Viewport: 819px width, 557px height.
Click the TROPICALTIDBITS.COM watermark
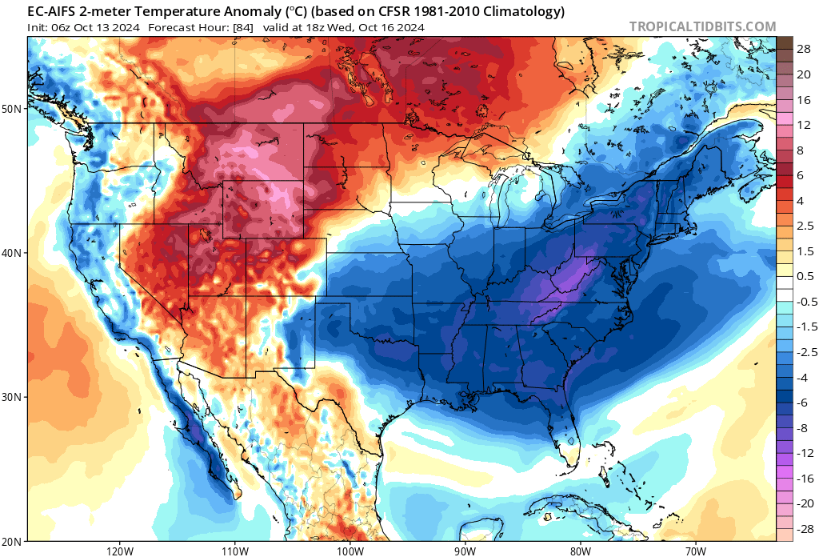click(x=702, y=26)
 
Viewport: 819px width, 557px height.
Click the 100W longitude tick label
click(x=350, y=551)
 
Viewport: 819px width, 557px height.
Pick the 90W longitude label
click(x=465, y=551)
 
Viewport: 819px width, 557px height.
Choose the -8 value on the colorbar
click(x=799, y=428)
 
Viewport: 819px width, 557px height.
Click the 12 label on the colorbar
click(x=801, y=125)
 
